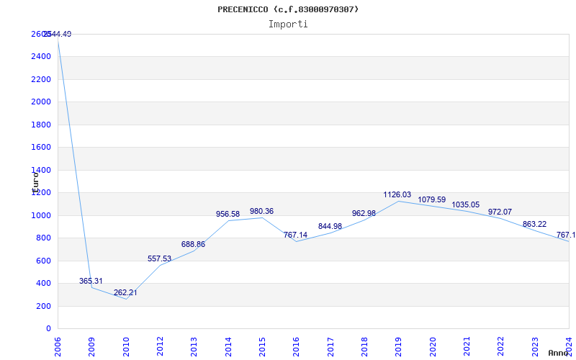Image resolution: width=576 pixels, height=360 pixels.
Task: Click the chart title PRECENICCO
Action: click(x=288, y=9)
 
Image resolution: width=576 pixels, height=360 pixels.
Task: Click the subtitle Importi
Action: click(x=288, y=24)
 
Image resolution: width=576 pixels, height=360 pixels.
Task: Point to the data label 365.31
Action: click(x=91, y=281)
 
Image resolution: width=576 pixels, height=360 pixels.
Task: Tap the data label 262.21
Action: click(x=125, y=292)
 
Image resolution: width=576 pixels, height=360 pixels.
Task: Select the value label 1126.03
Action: click(x=397, y=194)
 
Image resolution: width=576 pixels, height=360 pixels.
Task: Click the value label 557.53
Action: click(x=159, y=258)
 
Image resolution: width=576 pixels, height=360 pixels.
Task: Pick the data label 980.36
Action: click(x=261, y=211)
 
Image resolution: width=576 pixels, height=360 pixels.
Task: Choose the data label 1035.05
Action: click(x=465, y=204)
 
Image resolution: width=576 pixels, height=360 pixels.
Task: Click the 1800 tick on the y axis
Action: click(x=41, y=125)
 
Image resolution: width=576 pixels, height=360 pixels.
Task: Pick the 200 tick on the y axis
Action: click(x=44, y=306)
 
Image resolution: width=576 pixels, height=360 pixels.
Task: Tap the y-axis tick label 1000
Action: click(x=41, y=215)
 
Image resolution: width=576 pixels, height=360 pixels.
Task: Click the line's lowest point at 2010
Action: click(x=126, y=299)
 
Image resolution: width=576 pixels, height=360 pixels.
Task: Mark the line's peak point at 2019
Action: click(x=398, y=201)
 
